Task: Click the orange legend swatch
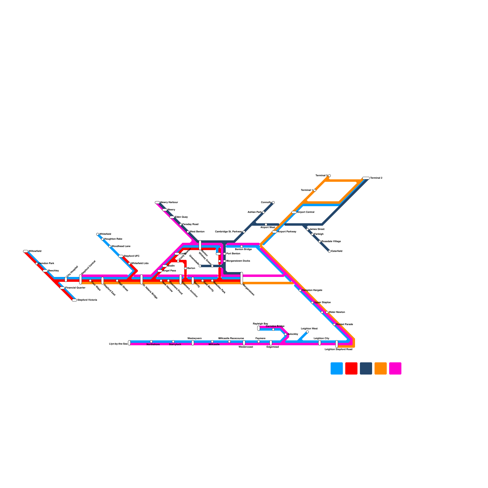pos(380,368)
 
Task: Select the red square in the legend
pos(351,368)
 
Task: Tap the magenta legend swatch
pos(395,368)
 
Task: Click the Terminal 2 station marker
pos(366,178)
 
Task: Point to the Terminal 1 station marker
pos(315,190)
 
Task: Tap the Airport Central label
pos(306,212)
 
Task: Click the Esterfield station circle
pos(329,251)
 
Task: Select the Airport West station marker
pos(266,224)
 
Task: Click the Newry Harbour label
pos(169,203)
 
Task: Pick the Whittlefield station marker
pos(98,234)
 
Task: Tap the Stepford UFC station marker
pos(121,256)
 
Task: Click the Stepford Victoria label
pos(87,300)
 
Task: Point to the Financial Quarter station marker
pos(62,288)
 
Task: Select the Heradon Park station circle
pos(37,264)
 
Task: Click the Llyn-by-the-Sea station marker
pos(129,343)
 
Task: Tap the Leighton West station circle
pos(307,332)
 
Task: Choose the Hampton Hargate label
pos(312,290)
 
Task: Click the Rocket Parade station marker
pos(334,325)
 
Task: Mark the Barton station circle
pos(185,268)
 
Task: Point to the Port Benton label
pos(233,254)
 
